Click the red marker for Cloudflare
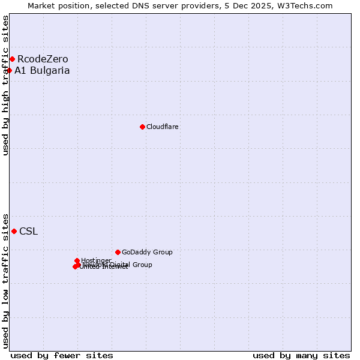click(142, 127)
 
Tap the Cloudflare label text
click(163, 127)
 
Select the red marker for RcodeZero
click(12, 59)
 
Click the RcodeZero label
click(43, 59)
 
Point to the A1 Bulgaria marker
click(10, 70)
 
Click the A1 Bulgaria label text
click(42, 70)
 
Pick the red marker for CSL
click(14, 231)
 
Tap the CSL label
click(28, 232)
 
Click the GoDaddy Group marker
click(118, 252)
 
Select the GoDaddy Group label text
click(147, 252)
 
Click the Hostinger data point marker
click(77, 260)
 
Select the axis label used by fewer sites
click(62, 355)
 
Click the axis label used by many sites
click(301, 355)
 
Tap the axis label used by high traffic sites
click(5, 85)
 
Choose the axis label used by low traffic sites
click(5, 280)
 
